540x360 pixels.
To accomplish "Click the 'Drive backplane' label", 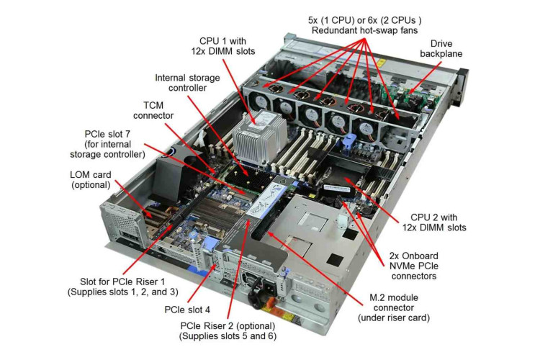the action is click(441, 48).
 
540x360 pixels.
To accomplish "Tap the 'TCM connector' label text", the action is click(153, 110).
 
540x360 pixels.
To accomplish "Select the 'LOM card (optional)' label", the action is click(91, 179).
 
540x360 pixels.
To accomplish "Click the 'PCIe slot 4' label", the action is click(187, 310).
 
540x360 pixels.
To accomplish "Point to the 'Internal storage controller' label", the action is click(187, 83).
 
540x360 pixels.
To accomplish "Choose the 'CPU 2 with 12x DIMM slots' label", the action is click(434, 222).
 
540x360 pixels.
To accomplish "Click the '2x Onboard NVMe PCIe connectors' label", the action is click(413, 266).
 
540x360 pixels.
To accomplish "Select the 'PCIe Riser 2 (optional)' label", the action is click(228, 326).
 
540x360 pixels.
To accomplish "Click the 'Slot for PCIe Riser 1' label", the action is click(122, 282).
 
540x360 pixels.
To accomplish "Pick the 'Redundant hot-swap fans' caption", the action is click(365, 30).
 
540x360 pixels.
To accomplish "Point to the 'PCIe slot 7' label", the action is click(107, 134).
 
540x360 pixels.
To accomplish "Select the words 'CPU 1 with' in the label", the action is click(222, 41).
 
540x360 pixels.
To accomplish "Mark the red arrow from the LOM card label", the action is click(133, 198).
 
